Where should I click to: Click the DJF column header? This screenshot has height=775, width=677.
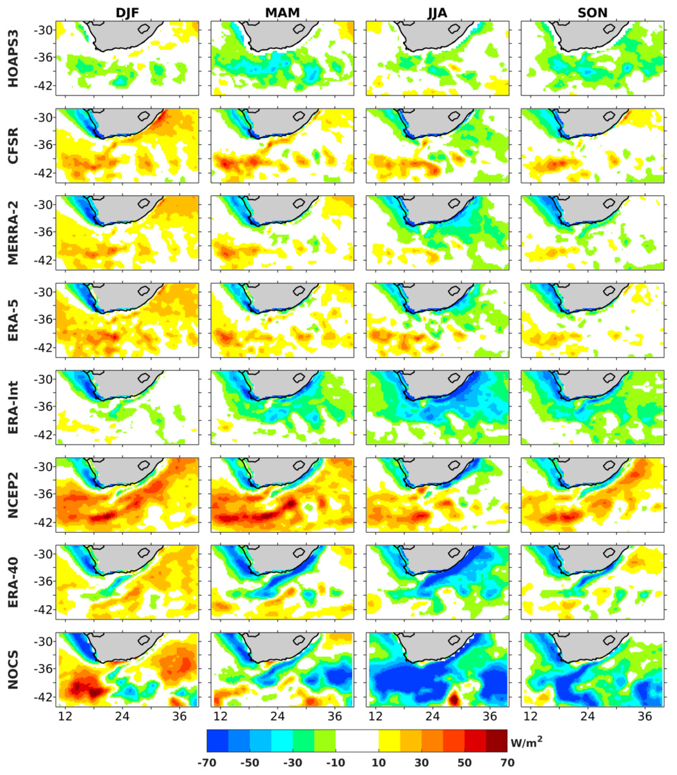coord(127,13)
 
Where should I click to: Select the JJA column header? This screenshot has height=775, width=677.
coord(437,13)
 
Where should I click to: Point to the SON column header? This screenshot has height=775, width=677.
coord(592,13)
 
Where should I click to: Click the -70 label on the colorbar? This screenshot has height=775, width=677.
coord(207,762)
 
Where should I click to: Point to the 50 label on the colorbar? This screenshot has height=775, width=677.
coord(464,762)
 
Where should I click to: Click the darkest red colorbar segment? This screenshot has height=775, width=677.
coord(496,741)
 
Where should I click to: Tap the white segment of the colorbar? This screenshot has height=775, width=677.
coord(357,741)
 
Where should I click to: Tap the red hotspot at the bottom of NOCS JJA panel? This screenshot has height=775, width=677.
coord(454,698)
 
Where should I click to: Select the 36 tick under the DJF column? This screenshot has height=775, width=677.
coord(180,716)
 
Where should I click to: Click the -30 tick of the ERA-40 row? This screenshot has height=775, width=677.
coord(43,554)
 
